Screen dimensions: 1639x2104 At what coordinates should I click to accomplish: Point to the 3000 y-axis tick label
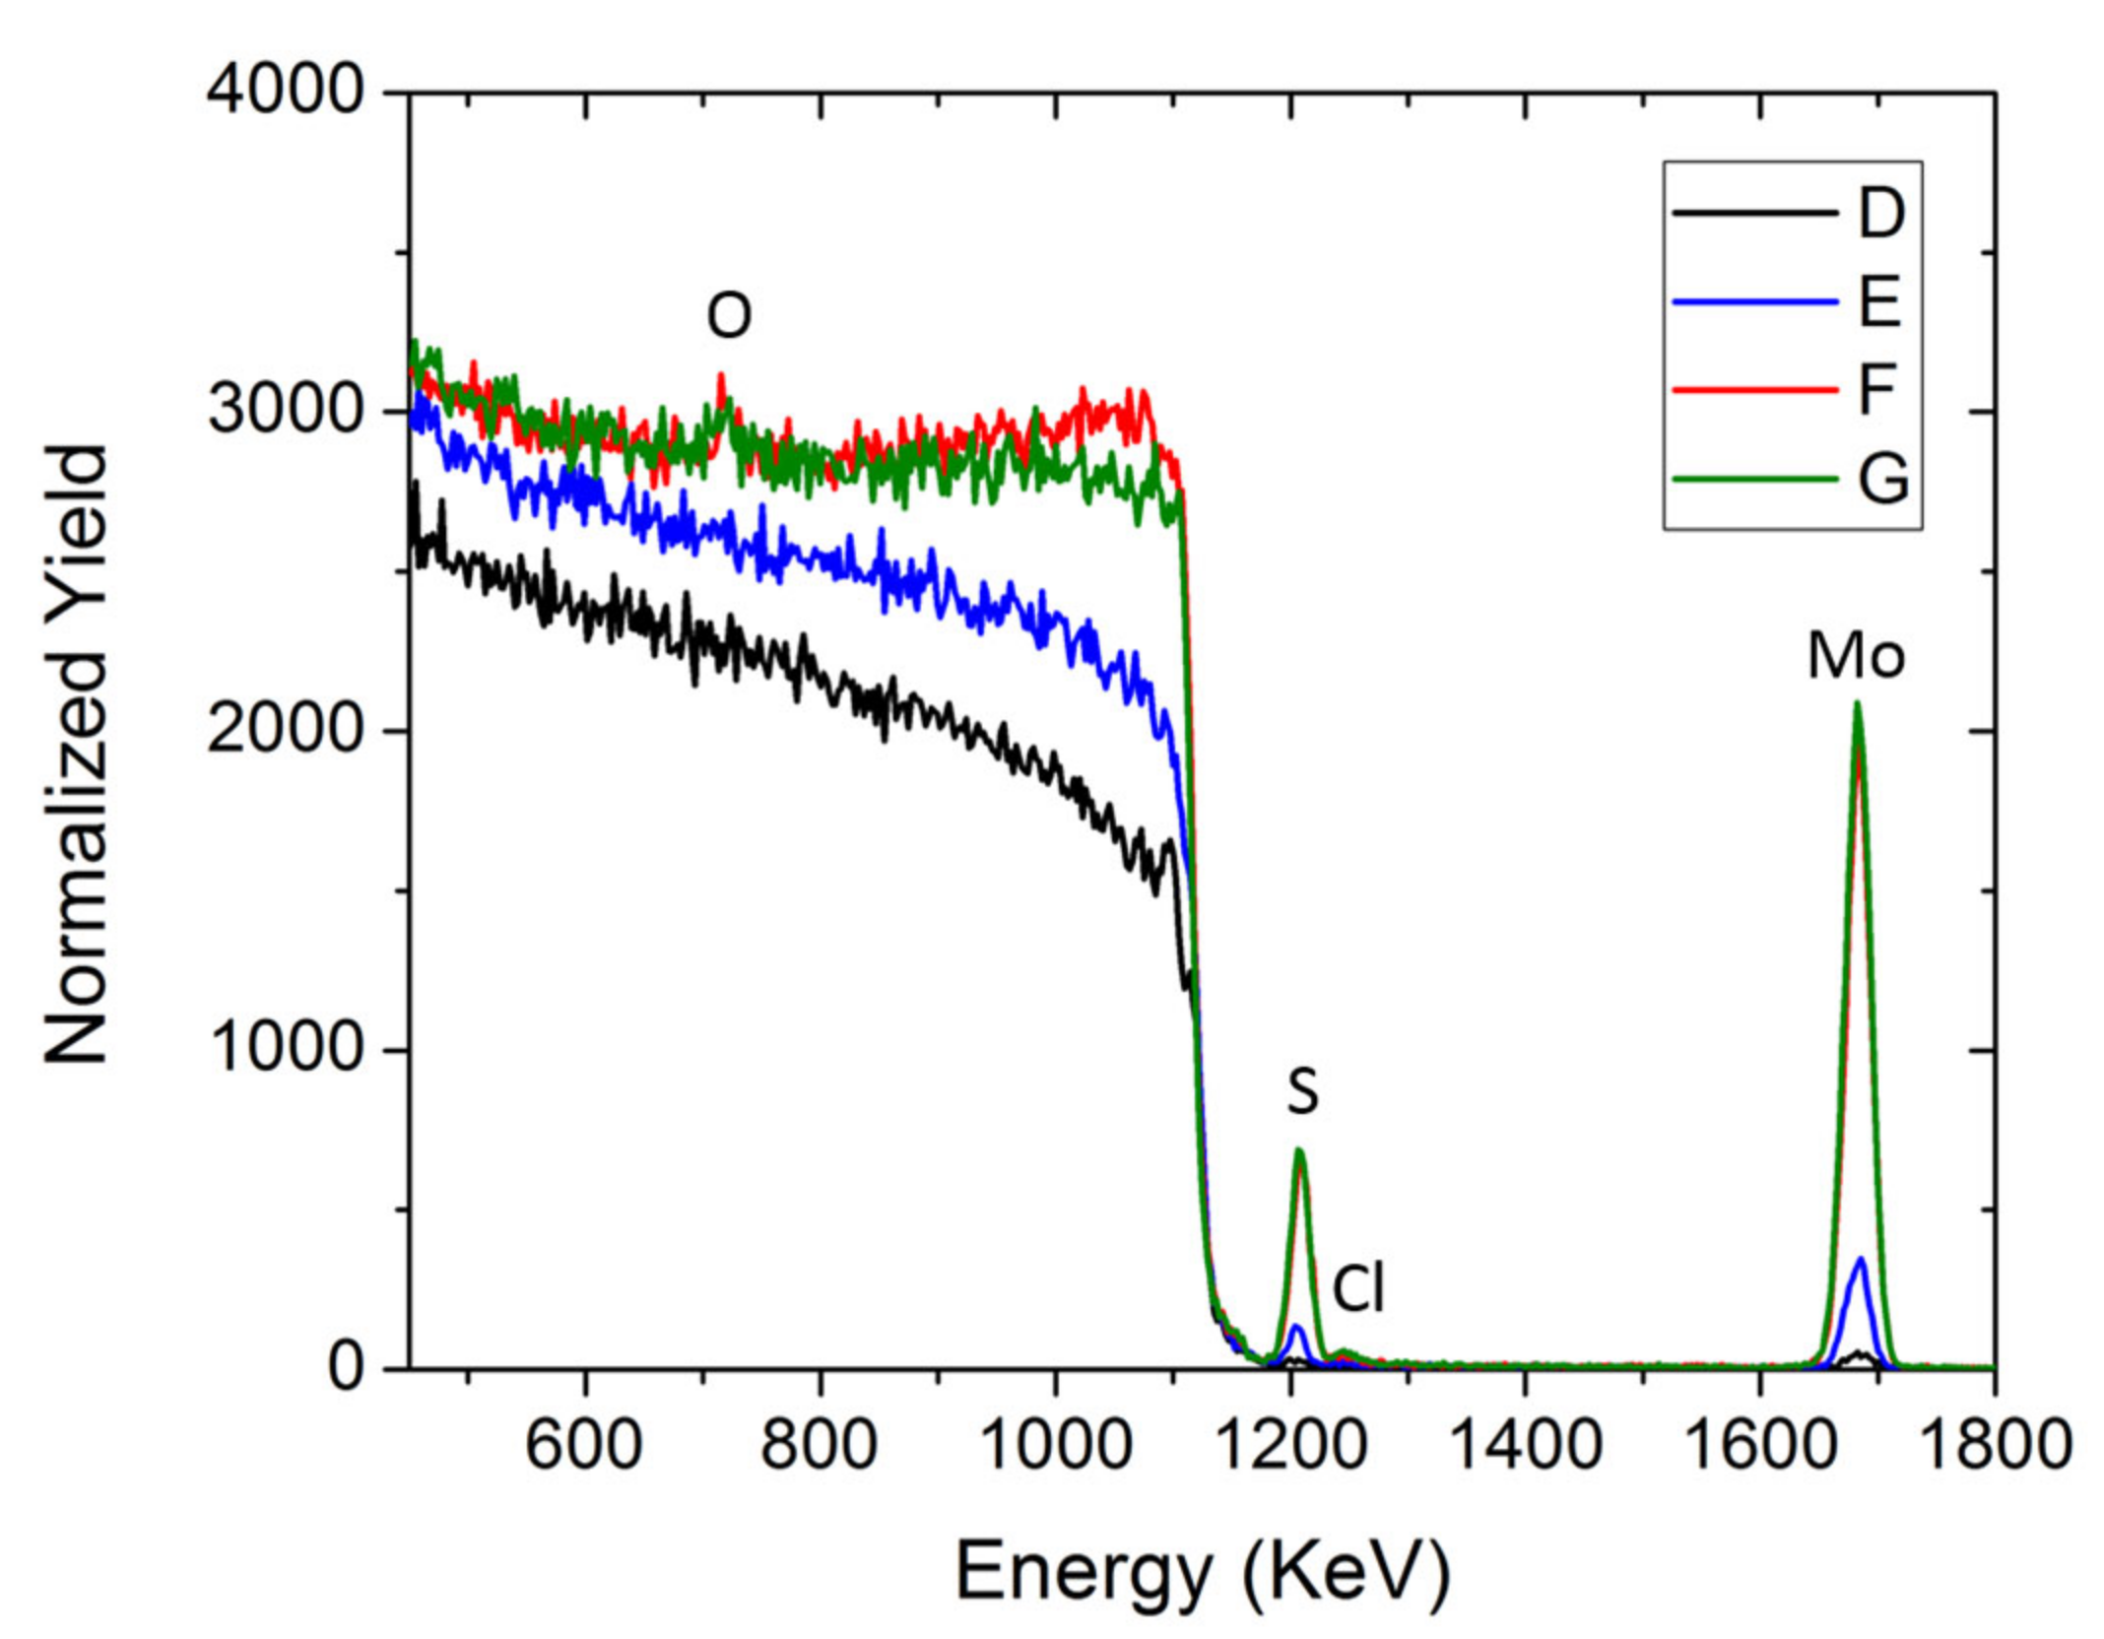tap(285, 410)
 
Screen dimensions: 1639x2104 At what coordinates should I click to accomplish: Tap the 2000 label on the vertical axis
tap(285, 730)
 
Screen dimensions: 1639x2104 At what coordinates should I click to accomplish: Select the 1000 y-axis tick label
tap(285, 1048)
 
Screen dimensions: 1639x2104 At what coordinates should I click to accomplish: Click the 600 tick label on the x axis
tap(584, 1446)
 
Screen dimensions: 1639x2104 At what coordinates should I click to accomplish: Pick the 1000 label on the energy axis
tap(1055, 1446)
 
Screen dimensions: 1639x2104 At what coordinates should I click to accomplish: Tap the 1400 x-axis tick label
tap(1525, 1446)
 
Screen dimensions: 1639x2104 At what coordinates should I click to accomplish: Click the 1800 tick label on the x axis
tap(1996, 1446)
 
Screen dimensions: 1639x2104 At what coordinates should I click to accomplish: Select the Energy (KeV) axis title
tap(1203, 1573)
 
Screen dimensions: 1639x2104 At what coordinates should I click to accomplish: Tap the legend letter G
tap(1882, 480)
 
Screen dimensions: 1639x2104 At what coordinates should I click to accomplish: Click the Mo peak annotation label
tap(1856, 655)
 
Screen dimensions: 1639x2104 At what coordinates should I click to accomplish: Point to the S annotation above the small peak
tap(1302, 1091)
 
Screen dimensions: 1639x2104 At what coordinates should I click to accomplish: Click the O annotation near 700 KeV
tap(729, 316)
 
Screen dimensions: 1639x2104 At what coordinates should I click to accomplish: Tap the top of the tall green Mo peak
tap(1857, 703)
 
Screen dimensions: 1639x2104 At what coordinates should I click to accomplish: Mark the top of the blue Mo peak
tap(1860, 1259)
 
